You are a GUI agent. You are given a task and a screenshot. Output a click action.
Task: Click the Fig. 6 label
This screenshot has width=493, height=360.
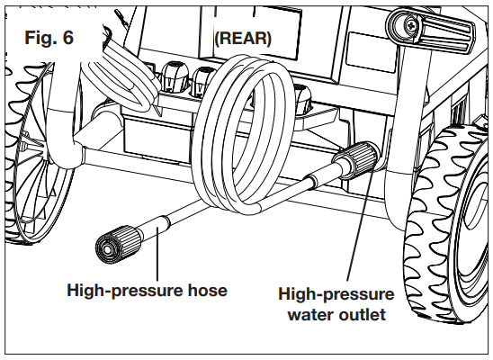46,38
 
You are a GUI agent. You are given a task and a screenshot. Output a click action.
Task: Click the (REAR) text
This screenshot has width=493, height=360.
243,38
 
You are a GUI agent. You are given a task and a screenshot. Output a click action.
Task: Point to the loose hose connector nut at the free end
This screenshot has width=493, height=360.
112,245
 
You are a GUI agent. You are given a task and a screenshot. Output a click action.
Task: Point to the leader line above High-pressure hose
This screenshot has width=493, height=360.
158,261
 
